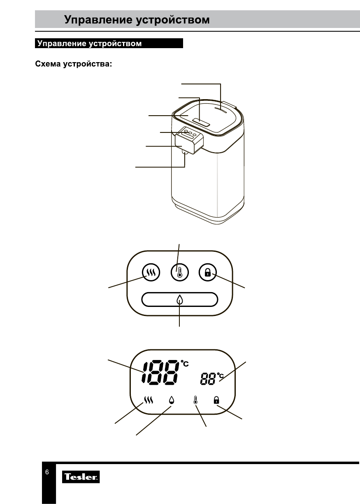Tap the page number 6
[x=47, y=472]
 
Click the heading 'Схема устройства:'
[x=74, y=64]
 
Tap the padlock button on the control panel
[x=208, y=272]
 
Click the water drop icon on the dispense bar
[x=179, y=300]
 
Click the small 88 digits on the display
[x=208, y=379]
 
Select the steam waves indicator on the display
[x=149, y=400]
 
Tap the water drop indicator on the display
[x=172, y=400]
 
